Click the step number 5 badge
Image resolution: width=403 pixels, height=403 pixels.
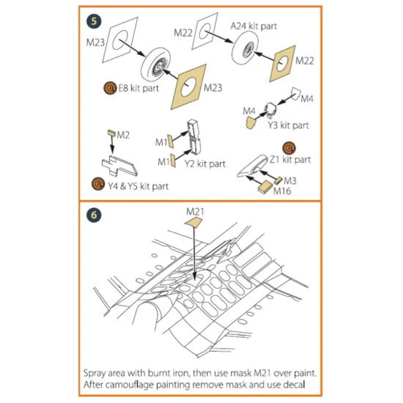pos(94,21)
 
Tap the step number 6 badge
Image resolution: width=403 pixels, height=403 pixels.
pos(94,215)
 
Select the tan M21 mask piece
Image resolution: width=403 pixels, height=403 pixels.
pos(193,222)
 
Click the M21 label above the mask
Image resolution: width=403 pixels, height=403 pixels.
pos(195,212)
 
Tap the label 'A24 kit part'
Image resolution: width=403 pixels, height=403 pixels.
pos(254,26)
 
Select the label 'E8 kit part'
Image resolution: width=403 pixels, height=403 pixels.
pos(138,88)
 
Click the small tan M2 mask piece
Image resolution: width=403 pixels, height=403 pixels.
pos(111,133)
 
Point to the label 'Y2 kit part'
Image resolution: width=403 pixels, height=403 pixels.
pos(205,163)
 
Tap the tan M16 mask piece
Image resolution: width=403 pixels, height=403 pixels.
pos(265,187)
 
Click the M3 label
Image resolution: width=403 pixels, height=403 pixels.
pos(290,181)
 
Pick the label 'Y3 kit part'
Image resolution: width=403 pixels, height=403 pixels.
pos(288,125)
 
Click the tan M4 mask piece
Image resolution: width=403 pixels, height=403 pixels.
pos(251,122)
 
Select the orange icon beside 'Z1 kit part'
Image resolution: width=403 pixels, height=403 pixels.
pos(289,148)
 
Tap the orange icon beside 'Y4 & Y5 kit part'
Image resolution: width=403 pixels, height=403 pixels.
pos(98,184)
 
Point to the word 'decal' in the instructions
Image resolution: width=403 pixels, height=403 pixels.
pos(294,385)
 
